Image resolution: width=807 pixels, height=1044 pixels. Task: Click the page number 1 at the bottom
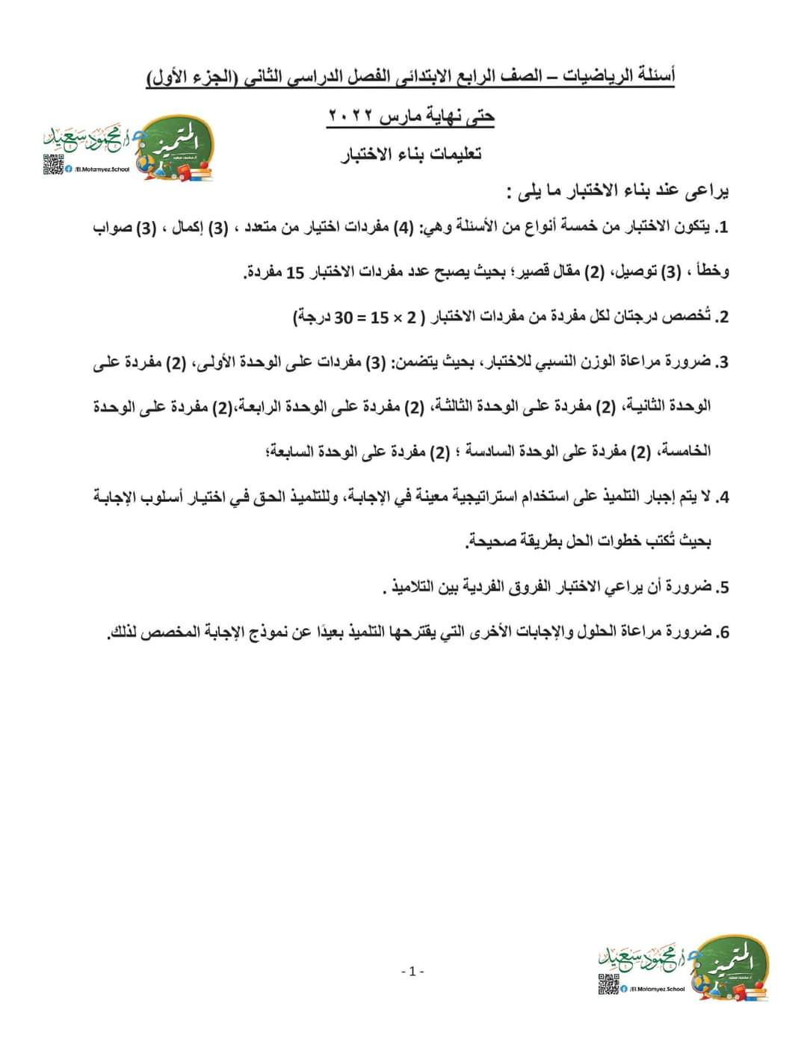[412, 972]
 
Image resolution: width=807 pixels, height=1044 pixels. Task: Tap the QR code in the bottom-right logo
[607, 985]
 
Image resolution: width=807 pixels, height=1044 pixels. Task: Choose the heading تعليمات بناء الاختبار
[412, 155]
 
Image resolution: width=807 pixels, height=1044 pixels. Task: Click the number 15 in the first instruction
[296, 273]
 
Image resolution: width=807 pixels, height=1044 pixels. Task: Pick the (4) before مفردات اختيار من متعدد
[402, 228]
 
